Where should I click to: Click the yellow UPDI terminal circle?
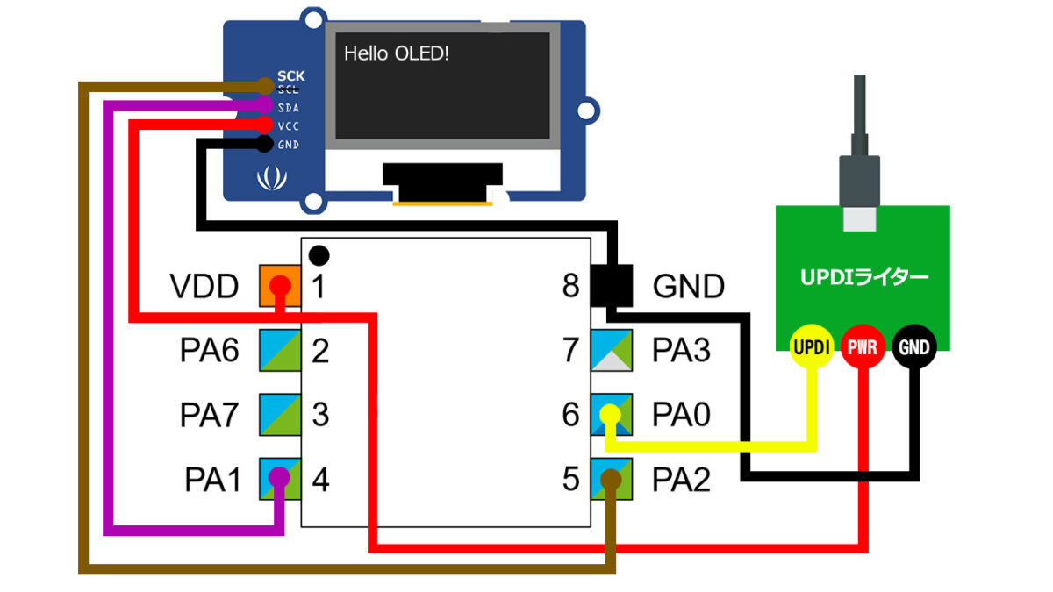click(x=812, y=348)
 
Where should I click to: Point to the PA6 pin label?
click(x=210, y=351)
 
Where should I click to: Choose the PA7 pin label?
click(x=210, y=415)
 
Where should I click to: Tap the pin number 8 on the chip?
click(x=571, y=287)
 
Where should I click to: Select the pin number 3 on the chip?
click(x=320, y=415)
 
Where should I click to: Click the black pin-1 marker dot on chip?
click(x=319, y=255)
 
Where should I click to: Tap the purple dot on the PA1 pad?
click(x=279, y=477)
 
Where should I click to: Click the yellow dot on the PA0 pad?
click(x=609, y=414)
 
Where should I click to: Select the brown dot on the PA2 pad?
click(x=611, y=478)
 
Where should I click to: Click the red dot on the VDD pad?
click(x=279, y=286)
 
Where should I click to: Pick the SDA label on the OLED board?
click(x=288, y=108)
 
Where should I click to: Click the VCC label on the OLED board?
click(x=288, y=126)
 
